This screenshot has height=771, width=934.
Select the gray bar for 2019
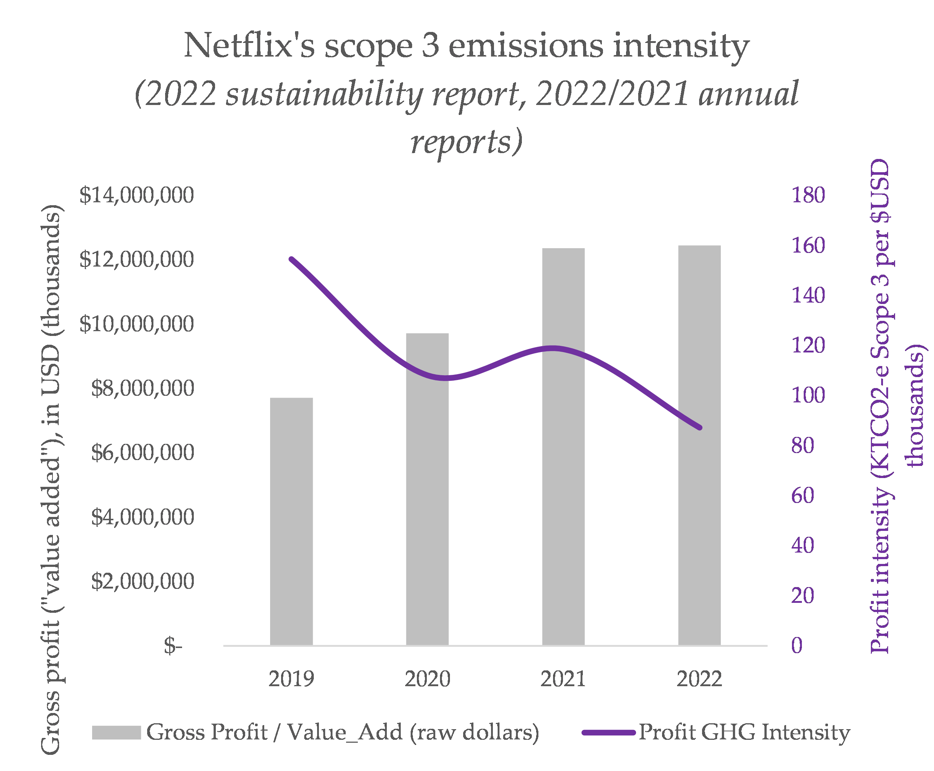tap(291, 522)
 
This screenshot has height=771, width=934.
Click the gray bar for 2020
tap(427, 489)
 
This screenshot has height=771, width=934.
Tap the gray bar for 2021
tap(563, 446)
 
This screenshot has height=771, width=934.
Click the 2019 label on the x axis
tap(291, 678)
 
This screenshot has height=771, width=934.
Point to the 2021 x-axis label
tap(563, 678)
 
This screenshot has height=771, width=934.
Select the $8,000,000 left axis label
tap(142, 388)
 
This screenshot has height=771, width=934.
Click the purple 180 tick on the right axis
tap(808, 195)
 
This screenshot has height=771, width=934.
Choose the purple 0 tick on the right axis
tap(797, 645)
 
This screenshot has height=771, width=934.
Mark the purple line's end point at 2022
tap(699, 428)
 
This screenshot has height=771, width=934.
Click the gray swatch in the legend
tap(116, 732)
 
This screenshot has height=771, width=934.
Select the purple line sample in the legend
tap(608, 732)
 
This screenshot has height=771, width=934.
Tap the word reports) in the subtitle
tap(466, 142)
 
